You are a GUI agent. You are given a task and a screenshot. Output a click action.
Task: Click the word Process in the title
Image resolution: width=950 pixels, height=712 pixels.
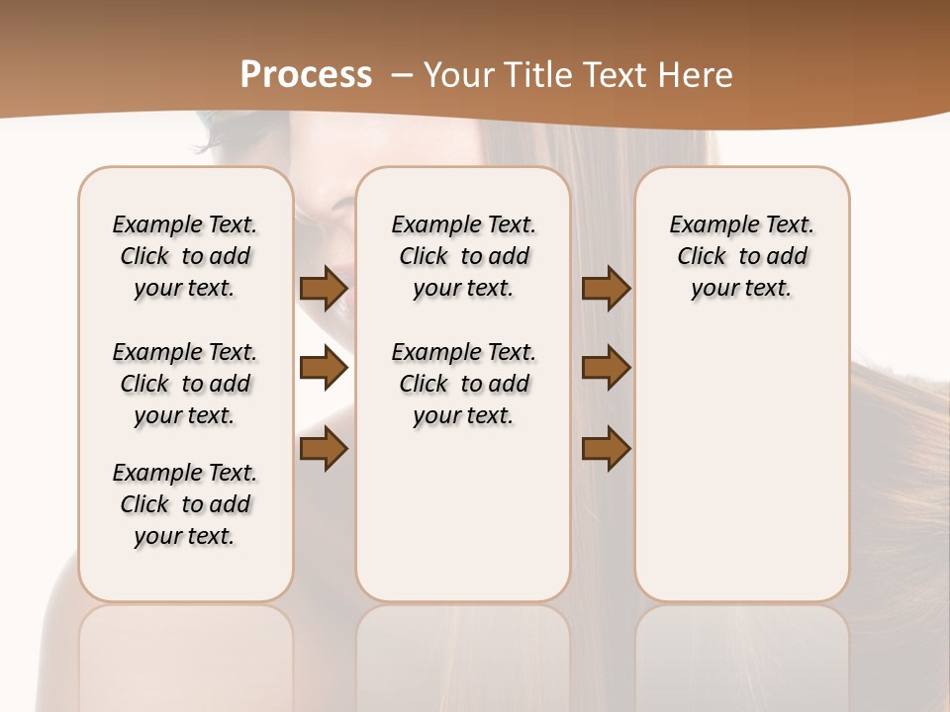pyautogui.click(x=306, y=74)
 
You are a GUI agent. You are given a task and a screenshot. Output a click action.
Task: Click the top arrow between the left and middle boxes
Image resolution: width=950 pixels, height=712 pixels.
pyautogui.click(x=324, y=289)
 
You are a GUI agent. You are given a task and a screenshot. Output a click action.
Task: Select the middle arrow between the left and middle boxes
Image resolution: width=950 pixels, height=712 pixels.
pyautogui.click(x=324, y=368)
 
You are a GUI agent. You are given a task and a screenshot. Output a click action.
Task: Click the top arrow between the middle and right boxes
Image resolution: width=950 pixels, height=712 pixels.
pyautogui.click(x=606, y=289)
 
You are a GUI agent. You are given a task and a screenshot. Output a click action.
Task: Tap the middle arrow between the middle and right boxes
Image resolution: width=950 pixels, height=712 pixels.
pyautogui.click(x=606, y=368)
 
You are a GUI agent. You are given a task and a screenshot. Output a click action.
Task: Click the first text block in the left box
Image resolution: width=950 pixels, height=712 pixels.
pyautogui.click(x=185, y=256)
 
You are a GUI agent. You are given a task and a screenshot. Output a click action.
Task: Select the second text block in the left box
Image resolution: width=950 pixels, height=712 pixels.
pyautogui.click(x=185, y=384)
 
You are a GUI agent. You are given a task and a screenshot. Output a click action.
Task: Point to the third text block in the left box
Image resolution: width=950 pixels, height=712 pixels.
pyautogui.click(x=185, y=504)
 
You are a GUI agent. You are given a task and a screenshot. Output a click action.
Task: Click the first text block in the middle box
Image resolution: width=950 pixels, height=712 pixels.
pyautogui.click(x=463, y=256)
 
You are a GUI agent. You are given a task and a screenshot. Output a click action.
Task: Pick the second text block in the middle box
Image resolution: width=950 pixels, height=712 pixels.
pyautogui.click(x=463, y=384)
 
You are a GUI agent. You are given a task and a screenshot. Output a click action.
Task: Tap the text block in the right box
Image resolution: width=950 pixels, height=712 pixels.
pyautogui.click(x=741, y=256)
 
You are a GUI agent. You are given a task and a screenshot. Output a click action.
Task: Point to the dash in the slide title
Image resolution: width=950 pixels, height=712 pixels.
pyautogui.click(x=402, y=74)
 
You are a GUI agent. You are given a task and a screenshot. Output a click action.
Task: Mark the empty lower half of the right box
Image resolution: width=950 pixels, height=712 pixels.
pyautogui.click(x=741, y=475)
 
